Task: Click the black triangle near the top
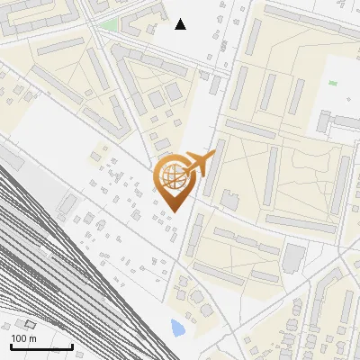click(181, 24)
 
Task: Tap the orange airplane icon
click(199, 164)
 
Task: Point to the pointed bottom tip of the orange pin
click(174, 212)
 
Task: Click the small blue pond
click(178, 327)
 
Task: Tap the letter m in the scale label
click(32, 338)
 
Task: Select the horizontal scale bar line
click(41, 346)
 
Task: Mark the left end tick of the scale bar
click(11, 346)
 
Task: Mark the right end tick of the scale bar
click(72, 346)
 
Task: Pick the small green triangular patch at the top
click(110, 24)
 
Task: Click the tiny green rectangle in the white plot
click(333, 84)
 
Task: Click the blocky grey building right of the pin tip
click(229, 199)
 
